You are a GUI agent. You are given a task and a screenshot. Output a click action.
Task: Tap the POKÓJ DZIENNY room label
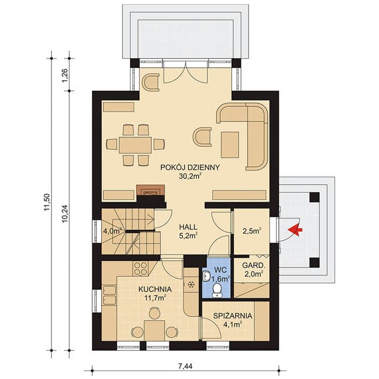(190, 167)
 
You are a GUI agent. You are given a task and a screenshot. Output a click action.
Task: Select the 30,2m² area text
(190, 177)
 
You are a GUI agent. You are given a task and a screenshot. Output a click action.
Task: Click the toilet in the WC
(217, 290)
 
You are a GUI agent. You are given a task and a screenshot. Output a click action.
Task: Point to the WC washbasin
(206, 276)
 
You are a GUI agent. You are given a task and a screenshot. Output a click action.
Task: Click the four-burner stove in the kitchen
(140, 269)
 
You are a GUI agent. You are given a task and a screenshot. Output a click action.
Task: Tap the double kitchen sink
(109, 295)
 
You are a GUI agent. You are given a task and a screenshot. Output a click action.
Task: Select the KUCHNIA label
(155, 289)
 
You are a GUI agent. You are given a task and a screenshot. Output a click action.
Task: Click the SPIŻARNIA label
(232, 316)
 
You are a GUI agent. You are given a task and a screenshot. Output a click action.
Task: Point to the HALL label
(188, 227)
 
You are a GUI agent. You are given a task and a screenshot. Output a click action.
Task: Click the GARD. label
(254, 265)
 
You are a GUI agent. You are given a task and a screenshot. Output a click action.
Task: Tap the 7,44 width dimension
(185, 367)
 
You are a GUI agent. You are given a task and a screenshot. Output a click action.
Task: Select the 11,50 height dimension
(47, 202)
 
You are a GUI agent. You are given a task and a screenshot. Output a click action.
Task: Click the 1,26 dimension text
(65, 76)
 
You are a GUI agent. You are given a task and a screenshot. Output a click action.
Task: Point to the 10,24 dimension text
(65, 214)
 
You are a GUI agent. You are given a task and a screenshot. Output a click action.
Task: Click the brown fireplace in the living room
(151, 190)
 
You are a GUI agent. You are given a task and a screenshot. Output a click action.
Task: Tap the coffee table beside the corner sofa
(230, 145)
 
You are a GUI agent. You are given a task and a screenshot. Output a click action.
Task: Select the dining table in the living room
(135, 145)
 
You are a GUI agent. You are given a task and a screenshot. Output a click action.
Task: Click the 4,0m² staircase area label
(112, 231)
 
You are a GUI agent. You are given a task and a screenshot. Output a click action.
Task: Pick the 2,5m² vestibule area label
(252, 231)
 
